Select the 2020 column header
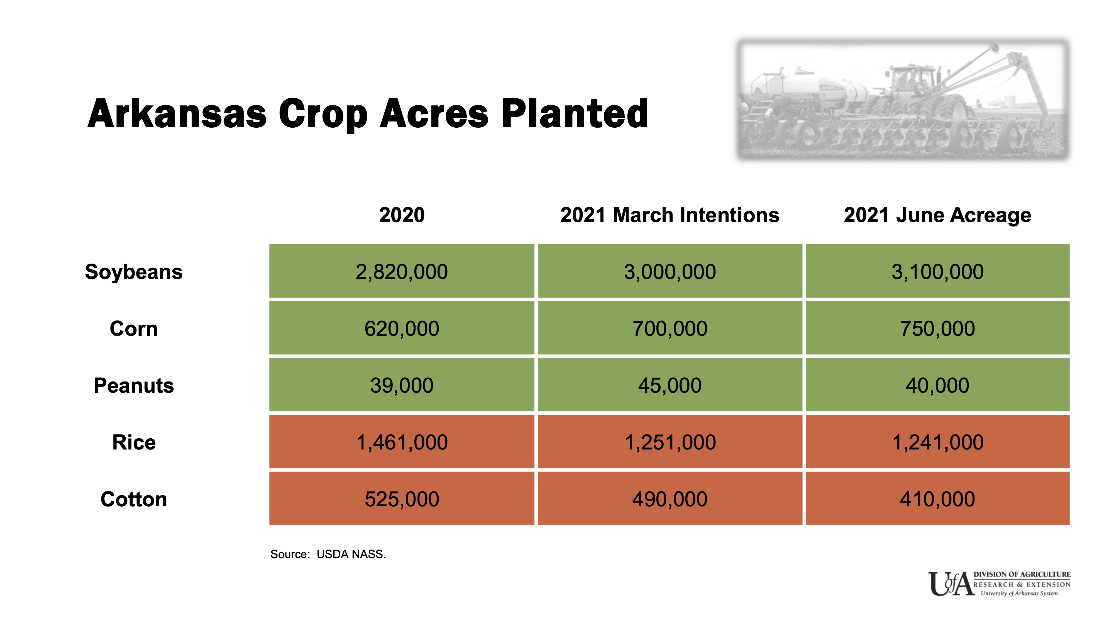402,215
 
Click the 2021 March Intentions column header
670,215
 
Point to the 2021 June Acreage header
937,215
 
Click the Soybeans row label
134,272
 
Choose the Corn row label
134,329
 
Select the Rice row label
134,442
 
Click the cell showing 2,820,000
402,272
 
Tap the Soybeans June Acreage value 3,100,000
937,272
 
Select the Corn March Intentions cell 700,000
670,329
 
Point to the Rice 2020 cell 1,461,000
402,442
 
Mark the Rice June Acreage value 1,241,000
937,442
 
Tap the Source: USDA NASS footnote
328,554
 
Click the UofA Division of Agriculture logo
999,584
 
